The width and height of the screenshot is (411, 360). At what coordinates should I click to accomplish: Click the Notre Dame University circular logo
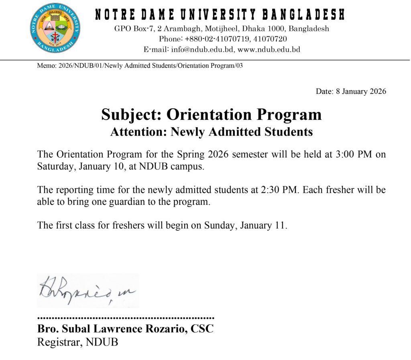click(55, 28)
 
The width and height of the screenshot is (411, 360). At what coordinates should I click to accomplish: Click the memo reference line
click(140, 66)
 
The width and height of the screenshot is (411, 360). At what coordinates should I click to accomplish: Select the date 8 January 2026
click(361, 91)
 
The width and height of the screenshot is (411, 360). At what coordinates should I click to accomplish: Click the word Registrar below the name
click(56, 343)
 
